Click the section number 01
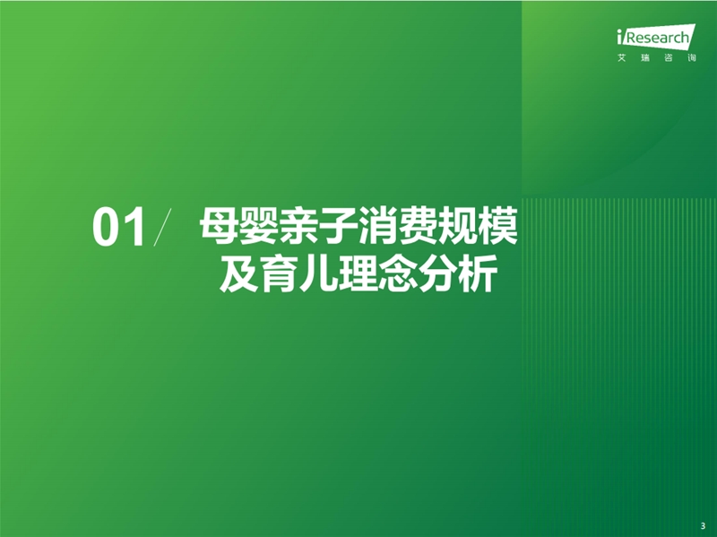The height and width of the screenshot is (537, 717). [119, 228]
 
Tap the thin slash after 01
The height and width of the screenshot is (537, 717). [162, 228]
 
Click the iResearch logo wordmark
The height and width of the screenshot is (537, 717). [656, 37]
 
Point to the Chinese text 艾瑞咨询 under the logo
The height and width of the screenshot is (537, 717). [657, 58]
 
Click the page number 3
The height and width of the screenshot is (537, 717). [703, 526]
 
